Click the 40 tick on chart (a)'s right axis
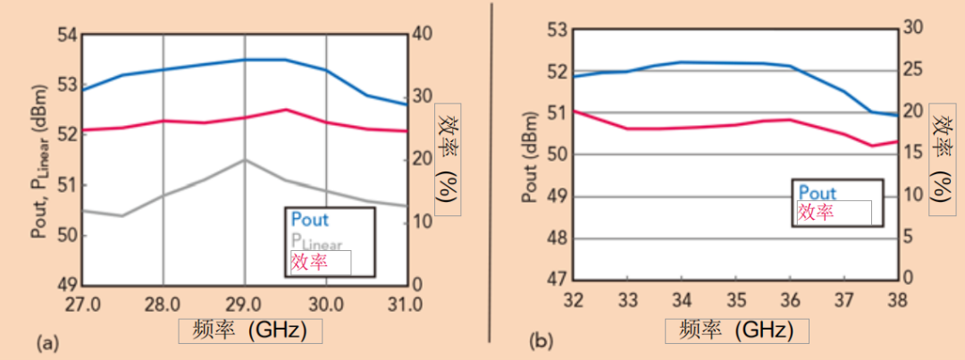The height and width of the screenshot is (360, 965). coord(423,34)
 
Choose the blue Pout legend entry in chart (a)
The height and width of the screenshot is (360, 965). coord(310,219)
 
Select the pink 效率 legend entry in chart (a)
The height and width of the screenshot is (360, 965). coord(309,263)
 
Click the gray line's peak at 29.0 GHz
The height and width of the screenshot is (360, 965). coord(244,160)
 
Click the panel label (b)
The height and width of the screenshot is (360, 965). coord(542,340)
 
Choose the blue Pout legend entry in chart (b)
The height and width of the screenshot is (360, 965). coord(817,192)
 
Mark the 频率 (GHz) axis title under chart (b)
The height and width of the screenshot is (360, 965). coord(736,330)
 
